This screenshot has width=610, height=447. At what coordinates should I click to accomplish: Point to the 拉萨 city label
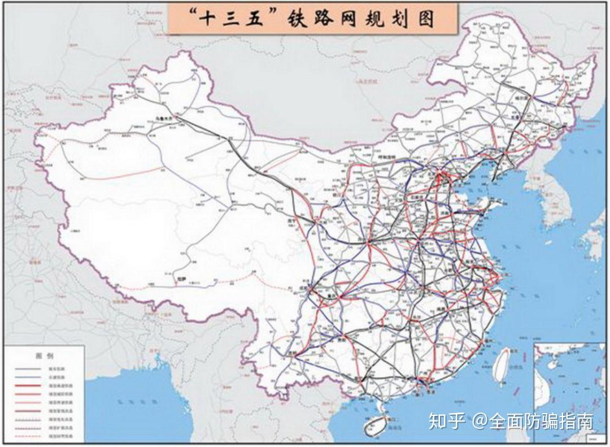tap(181, 279)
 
